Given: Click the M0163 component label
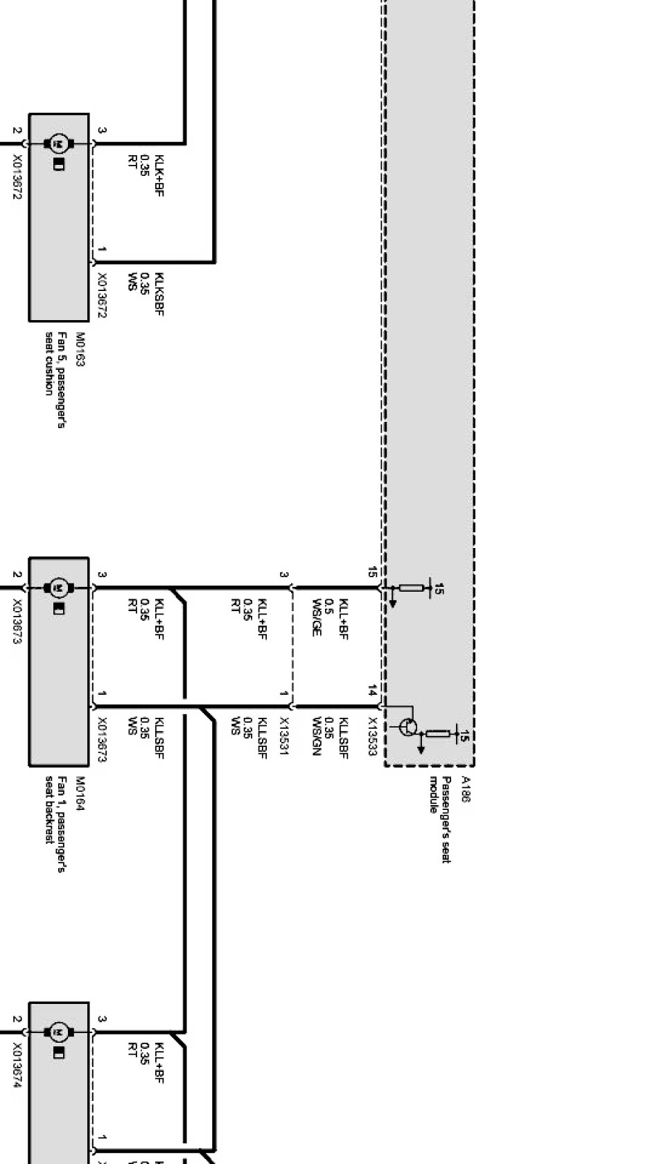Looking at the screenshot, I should (x=80, y=349).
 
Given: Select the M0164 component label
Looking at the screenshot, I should (x=80, y=793).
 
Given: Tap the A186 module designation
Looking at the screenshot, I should (x=466, y=789).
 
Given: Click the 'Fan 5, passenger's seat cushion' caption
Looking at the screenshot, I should (x=55, y=379).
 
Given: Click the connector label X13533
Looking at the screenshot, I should (x=372, y=736).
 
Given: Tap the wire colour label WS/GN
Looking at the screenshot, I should (x=317, y=736).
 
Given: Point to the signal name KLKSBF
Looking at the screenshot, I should (x=159, y=294).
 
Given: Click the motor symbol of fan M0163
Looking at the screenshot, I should (x=59, y=144).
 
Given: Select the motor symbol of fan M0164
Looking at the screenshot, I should (x=59, y=588).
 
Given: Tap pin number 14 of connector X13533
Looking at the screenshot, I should (x=372, y=691).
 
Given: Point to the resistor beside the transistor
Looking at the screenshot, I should (x=438, y=733).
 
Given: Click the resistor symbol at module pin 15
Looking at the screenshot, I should (x=412, y=588).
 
